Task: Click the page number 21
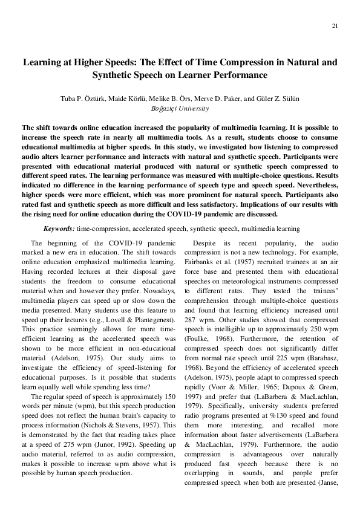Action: (x=335, y=26)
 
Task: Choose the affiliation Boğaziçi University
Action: (x=180, y=109)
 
